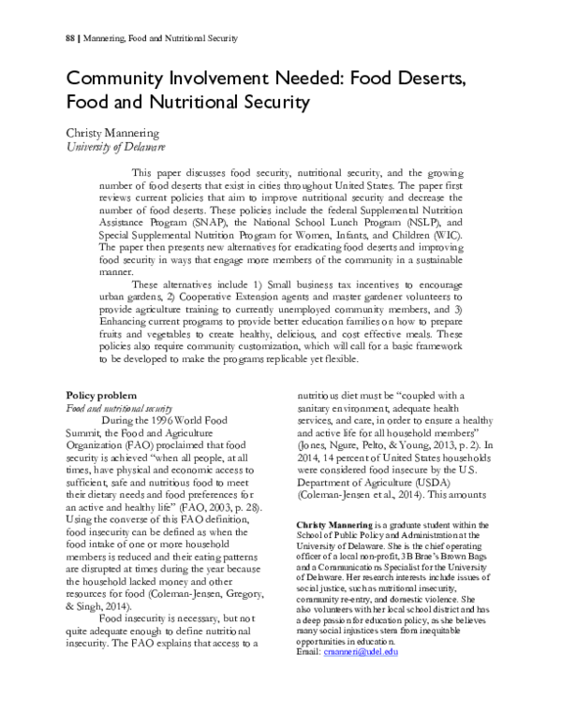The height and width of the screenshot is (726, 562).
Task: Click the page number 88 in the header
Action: (71, 39)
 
